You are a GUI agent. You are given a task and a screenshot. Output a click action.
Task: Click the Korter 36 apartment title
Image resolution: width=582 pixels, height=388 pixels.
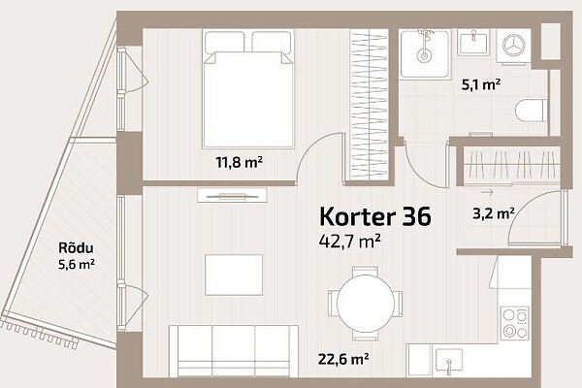[375, 217]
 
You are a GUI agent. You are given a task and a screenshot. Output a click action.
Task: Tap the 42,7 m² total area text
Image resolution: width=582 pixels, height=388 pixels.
[349, 241]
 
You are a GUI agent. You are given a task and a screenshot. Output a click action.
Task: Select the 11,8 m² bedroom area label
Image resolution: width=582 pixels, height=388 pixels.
[240, 162]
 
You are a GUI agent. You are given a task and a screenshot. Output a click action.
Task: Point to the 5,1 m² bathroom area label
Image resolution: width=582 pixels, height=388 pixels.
[481, 85]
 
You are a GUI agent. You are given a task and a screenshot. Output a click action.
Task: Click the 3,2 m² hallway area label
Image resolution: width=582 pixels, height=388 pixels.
[494, 213]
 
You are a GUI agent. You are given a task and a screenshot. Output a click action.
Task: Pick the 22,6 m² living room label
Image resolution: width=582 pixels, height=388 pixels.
[343, 359]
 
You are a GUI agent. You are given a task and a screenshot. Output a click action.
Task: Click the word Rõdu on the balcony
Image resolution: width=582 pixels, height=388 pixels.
[76, 247]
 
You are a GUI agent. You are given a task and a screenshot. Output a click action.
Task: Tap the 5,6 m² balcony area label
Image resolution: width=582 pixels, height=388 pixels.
[77, 265]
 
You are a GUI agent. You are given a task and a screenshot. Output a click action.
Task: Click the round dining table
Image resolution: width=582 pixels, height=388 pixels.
[366, 304]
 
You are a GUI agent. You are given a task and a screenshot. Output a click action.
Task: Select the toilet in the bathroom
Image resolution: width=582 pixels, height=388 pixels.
[532, 111]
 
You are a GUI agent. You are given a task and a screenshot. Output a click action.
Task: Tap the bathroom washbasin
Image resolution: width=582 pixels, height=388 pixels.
[474, 42]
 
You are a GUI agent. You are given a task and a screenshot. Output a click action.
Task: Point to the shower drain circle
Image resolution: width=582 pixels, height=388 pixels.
[424, 56]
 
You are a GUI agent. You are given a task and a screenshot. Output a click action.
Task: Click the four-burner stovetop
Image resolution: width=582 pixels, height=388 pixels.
[514, 323]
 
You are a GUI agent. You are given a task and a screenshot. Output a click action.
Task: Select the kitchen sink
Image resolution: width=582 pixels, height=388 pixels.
[449, 360]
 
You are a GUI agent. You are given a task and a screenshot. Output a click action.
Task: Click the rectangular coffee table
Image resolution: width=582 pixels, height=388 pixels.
[234, 275]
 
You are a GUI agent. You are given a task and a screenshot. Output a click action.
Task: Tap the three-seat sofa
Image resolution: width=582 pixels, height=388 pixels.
[234, 351]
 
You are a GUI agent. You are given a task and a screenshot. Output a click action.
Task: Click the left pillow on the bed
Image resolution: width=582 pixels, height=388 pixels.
[224, 42]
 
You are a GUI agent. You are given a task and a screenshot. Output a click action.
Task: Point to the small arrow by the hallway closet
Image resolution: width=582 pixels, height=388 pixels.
[487, 192]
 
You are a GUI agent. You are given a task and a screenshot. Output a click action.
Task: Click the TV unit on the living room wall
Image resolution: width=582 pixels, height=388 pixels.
[233, 195]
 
